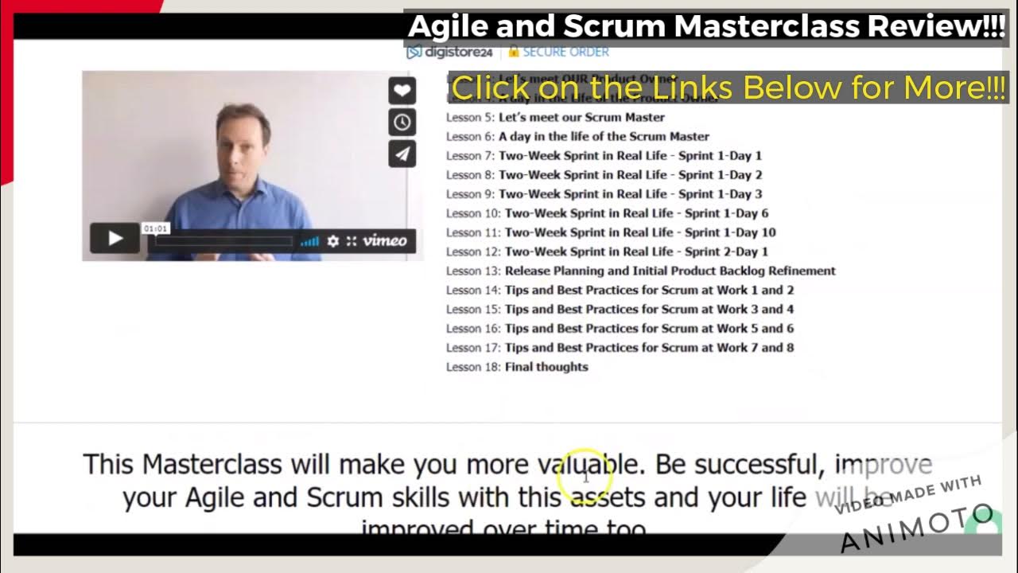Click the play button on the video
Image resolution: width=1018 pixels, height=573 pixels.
[x=115, y=239]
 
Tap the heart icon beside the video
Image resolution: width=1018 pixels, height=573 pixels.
[x=402, y=91]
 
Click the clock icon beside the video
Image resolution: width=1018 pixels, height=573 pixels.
[x=402, y=123]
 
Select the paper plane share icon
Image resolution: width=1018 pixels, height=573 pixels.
[x=402, y=154]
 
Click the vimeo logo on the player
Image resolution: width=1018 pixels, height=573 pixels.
[x=385, y=241]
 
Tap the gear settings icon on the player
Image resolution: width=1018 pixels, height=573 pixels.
[x=333, y=241]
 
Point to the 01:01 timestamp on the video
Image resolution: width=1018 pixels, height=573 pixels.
[x=155, y=229]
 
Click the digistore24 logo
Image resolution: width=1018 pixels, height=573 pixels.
[x=450, y=53]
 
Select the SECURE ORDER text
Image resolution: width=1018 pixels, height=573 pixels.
[x=565, y=53]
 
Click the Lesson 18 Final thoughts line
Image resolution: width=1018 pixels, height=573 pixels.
[x=517, y=367]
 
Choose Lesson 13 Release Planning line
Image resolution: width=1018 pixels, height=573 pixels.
[x=640, y=271]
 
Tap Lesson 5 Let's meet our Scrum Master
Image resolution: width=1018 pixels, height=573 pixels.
[x=555, y=117]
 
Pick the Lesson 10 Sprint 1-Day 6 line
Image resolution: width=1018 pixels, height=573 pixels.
[x=607, y=213]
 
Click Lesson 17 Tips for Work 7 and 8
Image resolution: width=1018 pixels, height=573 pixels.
[x=620, y=348]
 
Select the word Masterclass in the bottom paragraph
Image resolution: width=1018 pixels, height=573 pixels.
[x=212, y=464]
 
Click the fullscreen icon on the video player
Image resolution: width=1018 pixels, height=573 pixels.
[x=352, y=241]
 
